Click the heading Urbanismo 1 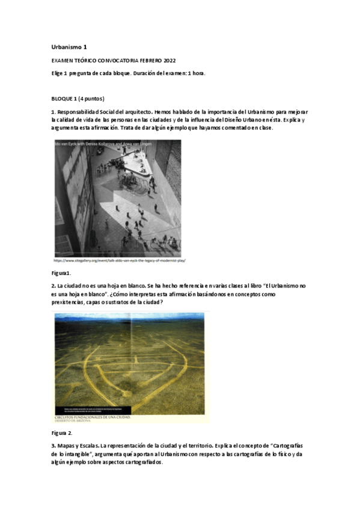point(70,47)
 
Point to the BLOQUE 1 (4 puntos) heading point(78,98)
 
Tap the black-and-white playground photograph point(117,198)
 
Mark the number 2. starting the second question point(53,285)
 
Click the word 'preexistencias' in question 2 point(70,302)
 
